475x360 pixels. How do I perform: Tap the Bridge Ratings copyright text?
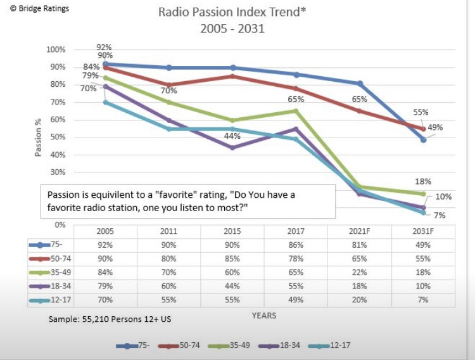pyautogui.click(x=39, y=9)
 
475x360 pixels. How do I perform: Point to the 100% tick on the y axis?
pyautogui.click(x=56, y=49)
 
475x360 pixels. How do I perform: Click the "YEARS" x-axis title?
pyautogui.click(x=263, y=315)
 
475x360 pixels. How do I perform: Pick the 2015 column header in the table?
pyautogui.click(x=232, y=231)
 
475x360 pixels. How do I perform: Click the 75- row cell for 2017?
pyautogui.click(x=296, y=245)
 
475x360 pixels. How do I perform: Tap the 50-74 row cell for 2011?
pyautogui.click(x=169, y=259)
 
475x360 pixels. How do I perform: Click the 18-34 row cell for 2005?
pyautogui.click(x=105, y=286)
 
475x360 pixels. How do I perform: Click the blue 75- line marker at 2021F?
pyautogui.click(x=360, y=84)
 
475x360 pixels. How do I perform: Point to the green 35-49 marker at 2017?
pyautogui.click(x=296, y=111)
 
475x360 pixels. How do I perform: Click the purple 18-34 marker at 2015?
pyautogui.click(x=232, y=148)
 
